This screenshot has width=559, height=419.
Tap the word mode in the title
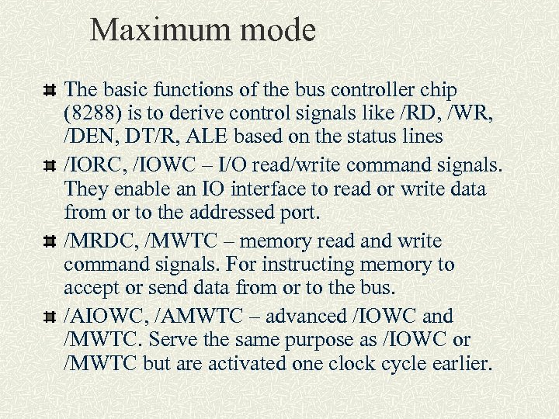(x=280, y=31)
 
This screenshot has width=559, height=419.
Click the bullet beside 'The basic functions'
(x=49, y=91)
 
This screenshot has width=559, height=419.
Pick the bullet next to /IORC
(x=49, y=166)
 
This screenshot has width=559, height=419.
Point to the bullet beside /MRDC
(x=49, y=242)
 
